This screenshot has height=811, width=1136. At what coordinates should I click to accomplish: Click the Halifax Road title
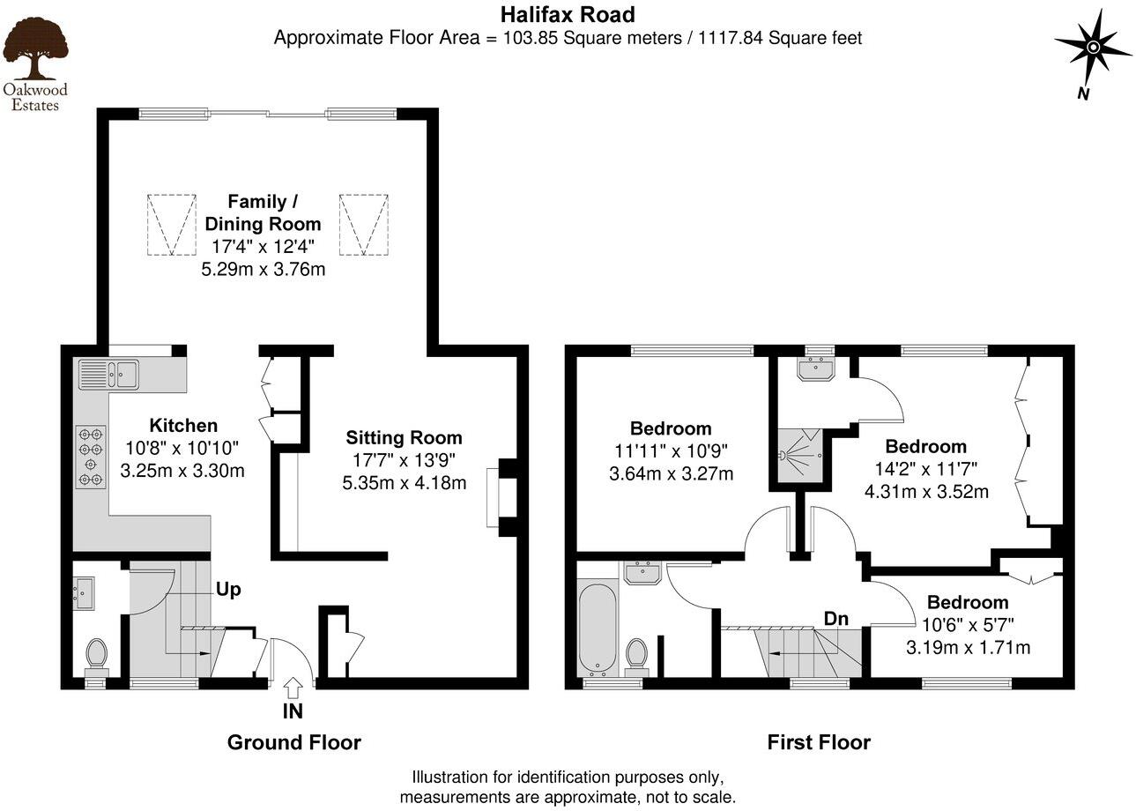[x=567, y=14]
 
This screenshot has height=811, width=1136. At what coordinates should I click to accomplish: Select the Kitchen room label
[x=182, y=425]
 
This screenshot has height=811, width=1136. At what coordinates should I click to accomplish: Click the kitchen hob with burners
[x=91, y=456]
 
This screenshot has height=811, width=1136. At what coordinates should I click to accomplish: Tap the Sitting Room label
[x=404, y=437]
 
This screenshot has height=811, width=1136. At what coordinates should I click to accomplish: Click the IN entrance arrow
[x=293, y=686]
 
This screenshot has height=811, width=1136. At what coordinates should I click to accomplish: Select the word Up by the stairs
[x=228, y=589]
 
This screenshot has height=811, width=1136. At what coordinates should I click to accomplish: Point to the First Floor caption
[x=818, y=742]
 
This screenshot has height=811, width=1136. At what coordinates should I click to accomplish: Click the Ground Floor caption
[x=293, y=742]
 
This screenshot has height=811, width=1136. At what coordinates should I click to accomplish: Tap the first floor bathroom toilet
[x=636, y=656]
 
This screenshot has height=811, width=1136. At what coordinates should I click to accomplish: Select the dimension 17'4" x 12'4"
[x=263, y=247]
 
